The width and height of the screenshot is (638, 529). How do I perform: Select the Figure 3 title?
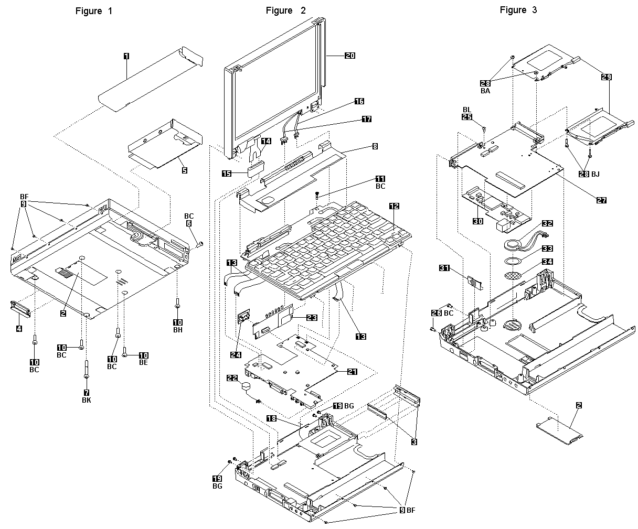pyautogui.click(x=518, y=10)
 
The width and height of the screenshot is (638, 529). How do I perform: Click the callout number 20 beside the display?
pyautogui.click(x=349, y=55)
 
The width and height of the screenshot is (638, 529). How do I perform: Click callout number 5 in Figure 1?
pyautogui.click(x=184, y=170)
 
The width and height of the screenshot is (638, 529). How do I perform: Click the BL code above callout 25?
pyautogui.click(x=467, y=109)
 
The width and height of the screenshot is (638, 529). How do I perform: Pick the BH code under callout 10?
pyautogui.click(x=177, y=330)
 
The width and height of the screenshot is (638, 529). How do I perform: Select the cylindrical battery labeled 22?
pyautogui.click(x=245, y=387)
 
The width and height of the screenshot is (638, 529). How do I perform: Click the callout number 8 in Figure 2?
pyautogui.click(x=374, y=147)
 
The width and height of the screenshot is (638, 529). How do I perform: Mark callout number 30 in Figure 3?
pyautogui.click(x=477, y=221)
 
